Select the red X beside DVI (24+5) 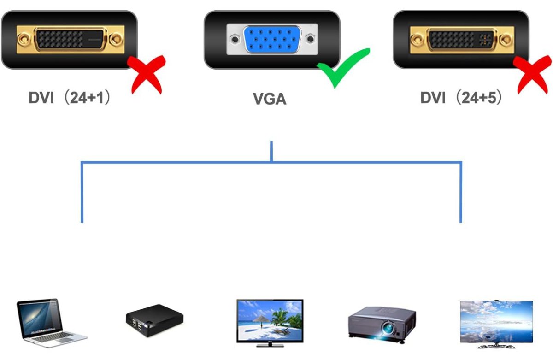533,74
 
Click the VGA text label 270,99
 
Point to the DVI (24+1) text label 70,97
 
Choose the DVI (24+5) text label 461,97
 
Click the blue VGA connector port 272,39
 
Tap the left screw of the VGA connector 235,39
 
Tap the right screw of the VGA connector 310,39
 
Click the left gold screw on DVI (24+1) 24,40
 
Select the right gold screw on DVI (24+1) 116,40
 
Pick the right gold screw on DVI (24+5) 506,40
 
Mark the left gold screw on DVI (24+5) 418,40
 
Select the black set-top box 154,320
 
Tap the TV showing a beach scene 270,323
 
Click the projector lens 388,328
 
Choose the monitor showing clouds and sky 496,324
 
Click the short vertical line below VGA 271,151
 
